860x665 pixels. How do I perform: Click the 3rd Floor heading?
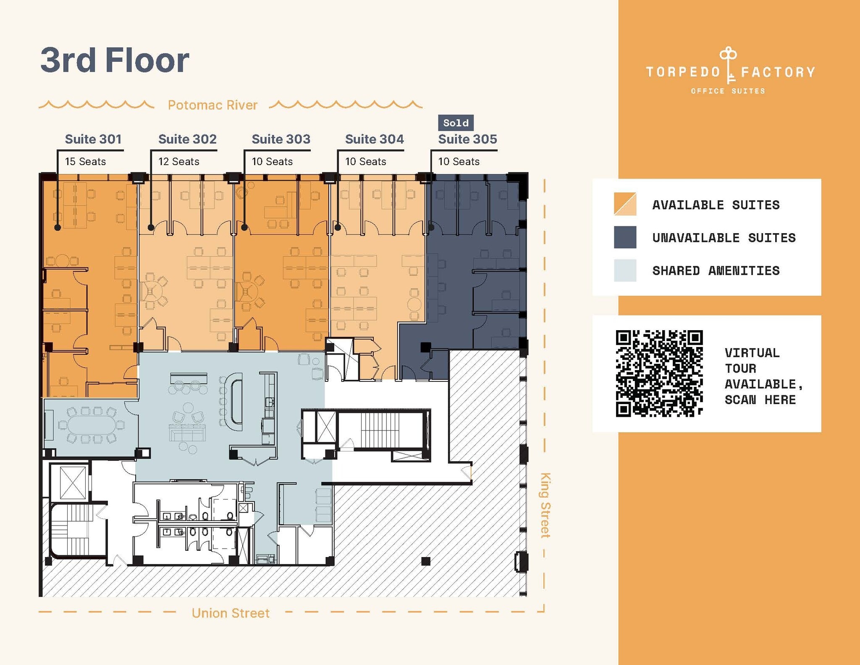point(114,60)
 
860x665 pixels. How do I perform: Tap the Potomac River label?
point(212,105)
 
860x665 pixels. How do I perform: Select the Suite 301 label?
point(93,139)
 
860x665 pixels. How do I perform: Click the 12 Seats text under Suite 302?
point(178,162)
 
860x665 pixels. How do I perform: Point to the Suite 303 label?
point(281,139)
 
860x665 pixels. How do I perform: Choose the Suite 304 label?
point(374,139)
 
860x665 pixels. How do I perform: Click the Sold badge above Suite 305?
point(456,123)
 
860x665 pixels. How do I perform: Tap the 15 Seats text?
point(85,162)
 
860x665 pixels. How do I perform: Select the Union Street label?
point(230,613)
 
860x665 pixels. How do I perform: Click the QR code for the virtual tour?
point(659,373)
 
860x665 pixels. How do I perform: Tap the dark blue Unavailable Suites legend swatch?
point(625,237)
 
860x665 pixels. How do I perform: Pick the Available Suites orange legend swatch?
point(625,204)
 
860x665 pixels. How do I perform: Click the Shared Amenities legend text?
point(716,271)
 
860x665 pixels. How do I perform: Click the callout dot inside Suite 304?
point(338,228)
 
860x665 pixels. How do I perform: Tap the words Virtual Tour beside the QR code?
point(752,360)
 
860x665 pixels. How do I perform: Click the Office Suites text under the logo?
point(728,91)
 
